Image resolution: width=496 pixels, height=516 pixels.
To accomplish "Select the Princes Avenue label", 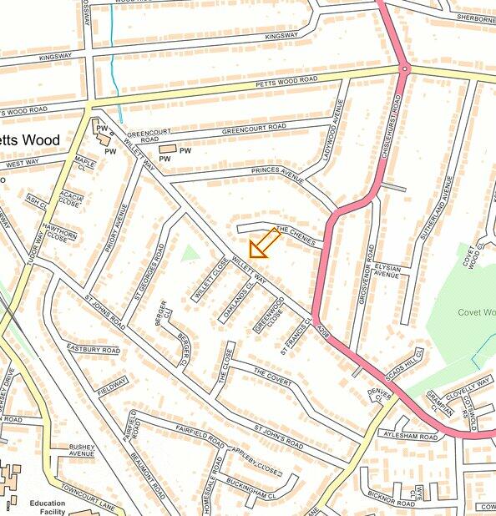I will pos(275,171).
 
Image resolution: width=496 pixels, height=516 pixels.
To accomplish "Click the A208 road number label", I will pos(325,332).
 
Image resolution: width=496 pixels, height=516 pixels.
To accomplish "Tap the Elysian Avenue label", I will pos(387,271).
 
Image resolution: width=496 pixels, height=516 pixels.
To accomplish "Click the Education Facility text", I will pos(47,508).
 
